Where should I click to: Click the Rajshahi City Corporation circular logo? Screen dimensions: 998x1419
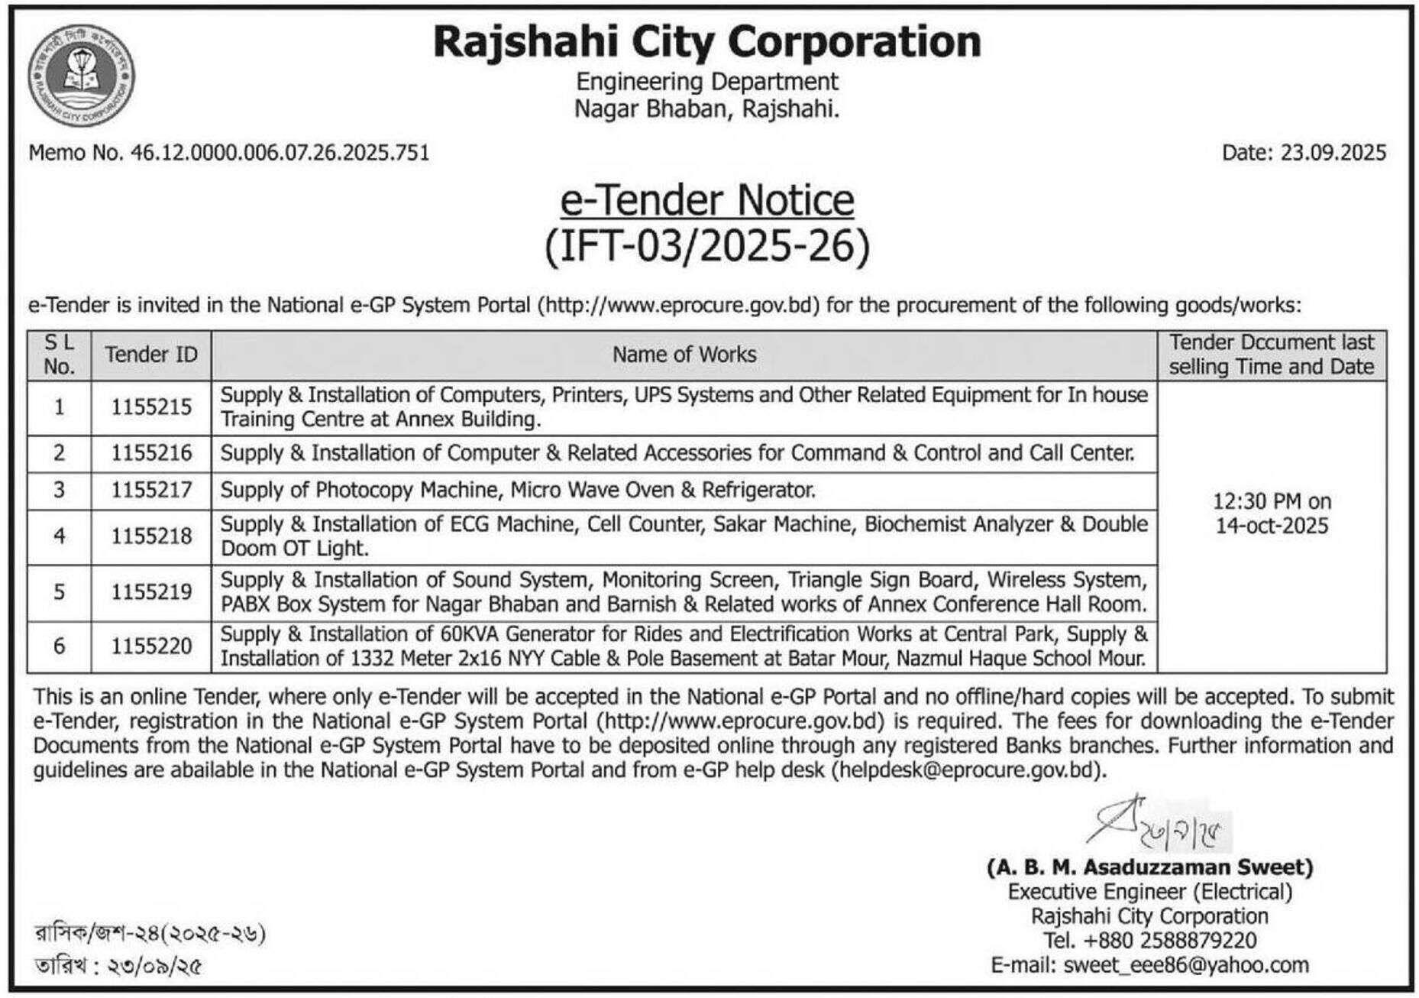click(x=81, y=75)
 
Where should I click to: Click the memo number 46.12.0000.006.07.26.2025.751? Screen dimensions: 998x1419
click(x=280, y=153)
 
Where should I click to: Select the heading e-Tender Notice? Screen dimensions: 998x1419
click(x=707, y=200)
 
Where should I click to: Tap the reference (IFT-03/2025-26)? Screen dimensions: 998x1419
click(x=707, y=247)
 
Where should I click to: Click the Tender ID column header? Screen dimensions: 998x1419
click(x=151, y=355)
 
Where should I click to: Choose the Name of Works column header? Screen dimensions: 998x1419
click(x=684, y=355)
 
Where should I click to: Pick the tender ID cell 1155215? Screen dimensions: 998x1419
click(x=151, y=407)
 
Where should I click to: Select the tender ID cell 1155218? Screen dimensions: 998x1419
click(x=151, y=536)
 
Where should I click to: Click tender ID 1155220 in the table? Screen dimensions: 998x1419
click(x=151, y=646)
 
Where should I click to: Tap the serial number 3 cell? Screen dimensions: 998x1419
click(x=59, y=490)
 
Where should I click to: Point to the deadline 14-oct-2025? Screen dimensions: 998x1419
click(x=1272, y=527)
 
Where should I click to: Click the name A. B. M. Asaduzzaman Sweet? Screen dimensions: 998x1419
click(x=1149, y=867)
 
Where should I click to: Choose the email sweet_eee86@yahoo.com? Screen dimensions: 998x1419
click(x=1185, y=965)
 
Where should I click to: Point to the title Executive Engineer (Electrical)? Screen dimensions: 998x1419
click(x=1149, y=892)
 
